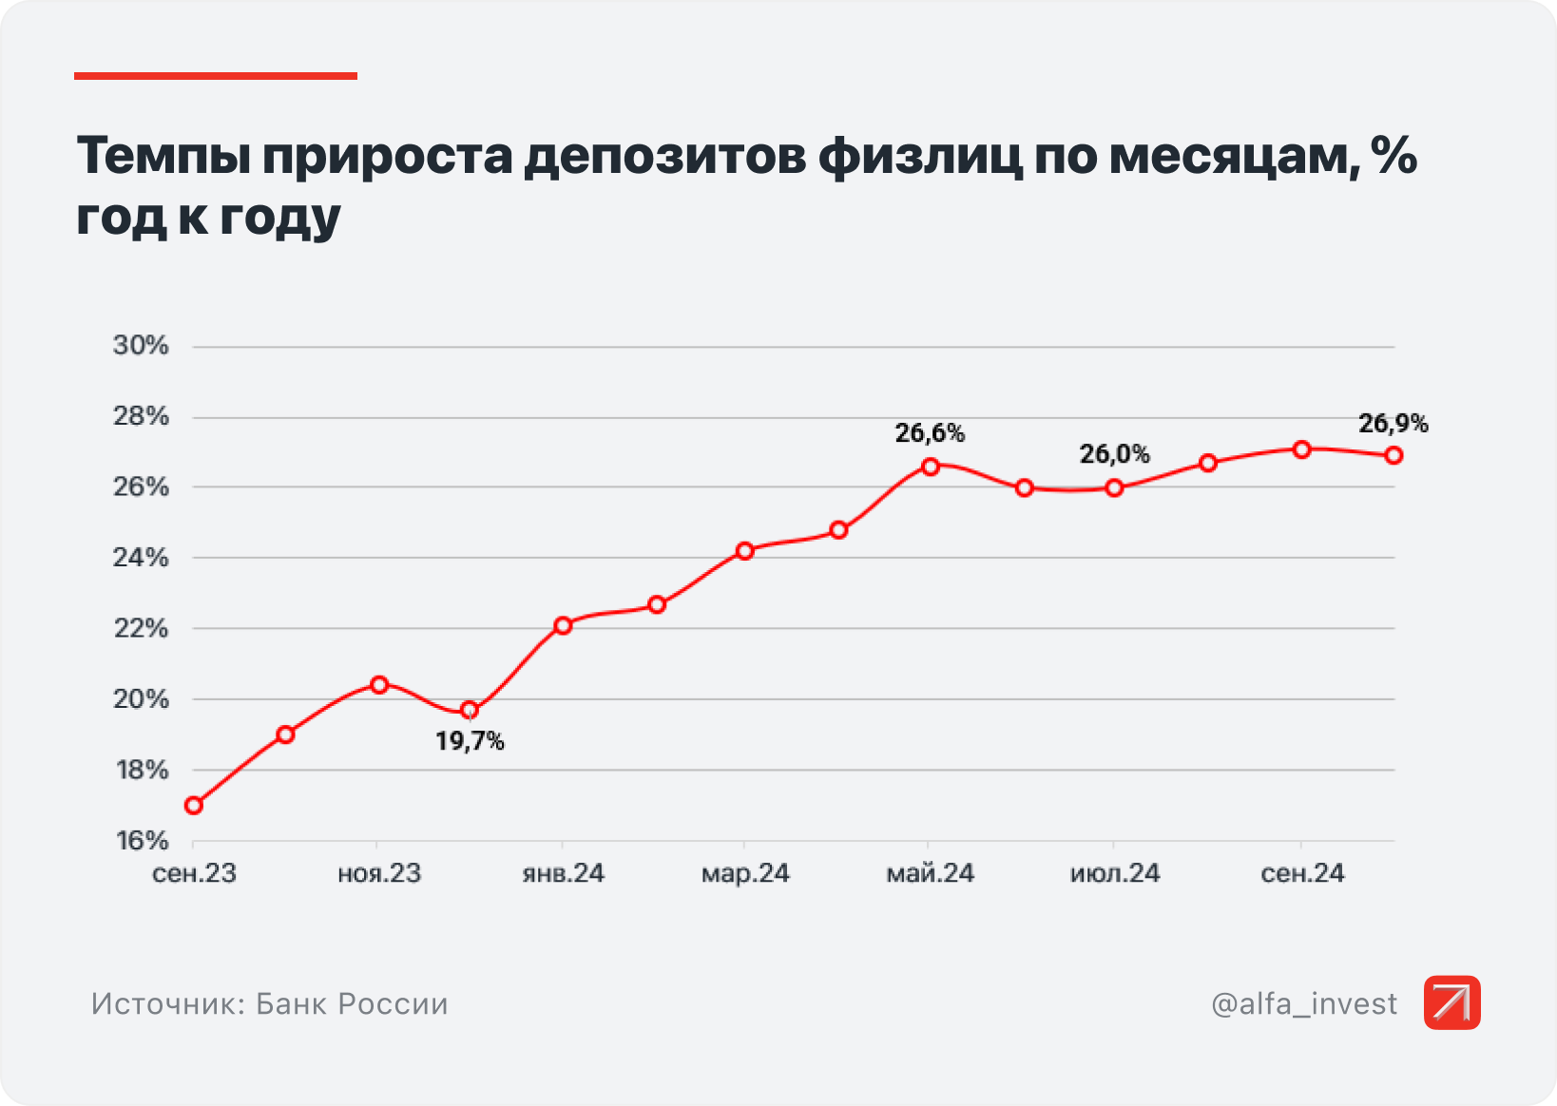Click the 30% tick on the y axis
[141, 346]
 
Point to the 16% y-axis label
[142, 841]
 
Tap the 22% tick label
[141, 628]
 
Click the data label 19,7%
[470, 742]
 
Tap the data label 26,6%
[930, 434]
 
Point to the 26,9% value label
[1393, 424]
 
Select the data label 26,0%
[1114, 455]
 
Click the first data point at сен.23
[194, 806]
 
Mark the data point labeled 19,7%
[470, 711]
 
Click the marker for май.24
[931, 467]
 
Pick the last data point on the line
[1394, 456]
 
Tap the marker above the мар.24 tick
[745, 551]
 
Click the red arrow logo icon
[1451, 1002]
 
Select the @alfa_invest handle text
[1304, 1004]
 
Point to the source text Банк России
[352, 1004]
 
